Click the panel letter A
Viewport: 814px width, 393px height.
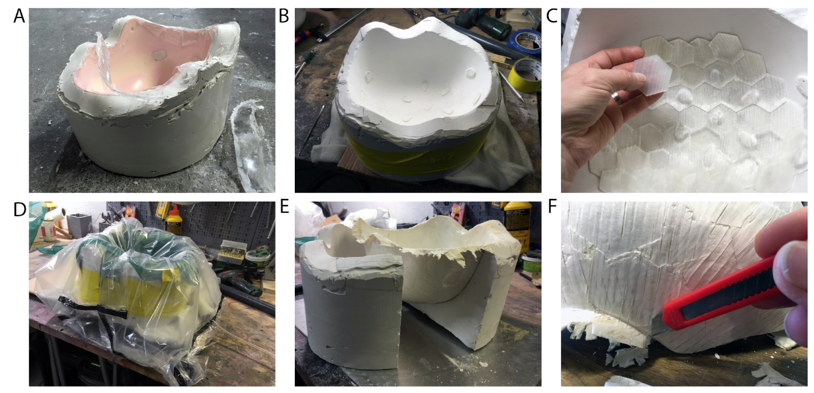tap(19, 16)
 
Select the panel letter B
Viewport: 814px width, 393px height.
tap(284, 16)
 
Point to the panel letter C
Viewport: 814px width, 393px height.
tap(552, 16)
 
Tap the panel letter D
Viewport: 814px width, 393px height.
tap(20, 209)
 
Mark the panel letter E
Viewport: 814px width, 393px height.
tap(284, 206)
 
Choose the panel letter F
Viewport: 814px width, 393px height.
tap(552, 206)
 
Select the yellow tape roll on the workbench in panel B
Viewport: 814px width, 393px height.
tap(524, 74)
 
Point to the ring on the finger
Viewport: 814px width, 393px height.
tap(617, 98)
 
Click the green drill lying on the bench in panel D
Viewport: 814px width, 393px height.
tap(238, 281)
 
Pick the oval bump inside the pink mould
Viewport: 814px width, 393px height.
tap(159, 55)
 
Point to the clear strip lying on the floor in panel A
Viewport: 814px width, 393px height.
tap(252, 145)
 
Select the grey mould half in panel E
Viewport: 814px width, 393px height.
tap(351, 305)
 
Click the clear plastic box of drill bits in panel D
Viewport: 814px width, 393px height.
tap(233, 251)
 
